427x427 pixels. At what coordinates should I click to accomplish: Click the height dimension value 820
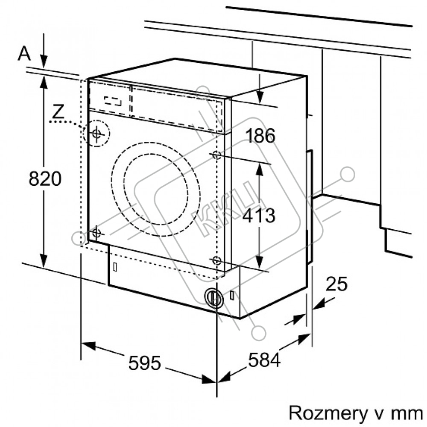tap(45, 178)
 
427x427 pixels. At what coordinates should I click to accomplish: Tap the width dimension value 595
tap(144, 363)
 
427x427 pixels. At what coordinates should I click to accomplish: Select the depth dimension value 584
tap(264, 360)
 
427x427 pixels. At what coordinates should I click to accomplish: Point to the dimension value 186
tap(260, 135)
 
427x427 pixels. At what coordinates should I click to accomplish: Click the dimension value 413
tap(259, 215)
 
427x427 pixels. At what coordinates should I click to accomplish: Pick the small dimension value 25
tap(336, 284)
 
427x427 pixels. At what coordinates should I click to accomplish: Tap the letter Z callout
tap(58, 111)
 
